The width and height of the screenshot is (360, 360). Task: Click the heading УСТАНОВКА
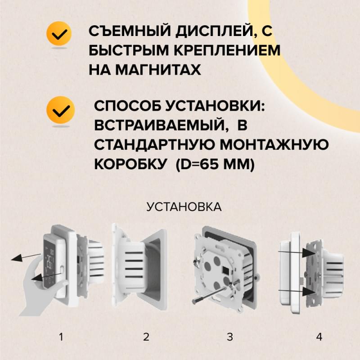pyautogui.click(x=184, y=207)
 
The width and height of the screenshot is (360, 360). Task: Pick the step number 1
pyautogui.click(x=62, y=337)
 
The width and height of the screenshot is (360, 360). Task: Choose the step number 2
pyautogui.click(x=146, y=337)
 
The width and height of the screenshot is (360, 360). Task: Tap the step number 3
pyautogui.click(x=229, y=337)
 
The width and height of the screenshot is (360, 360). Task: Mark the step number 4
pyautogui.click(x=319, y=337)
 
